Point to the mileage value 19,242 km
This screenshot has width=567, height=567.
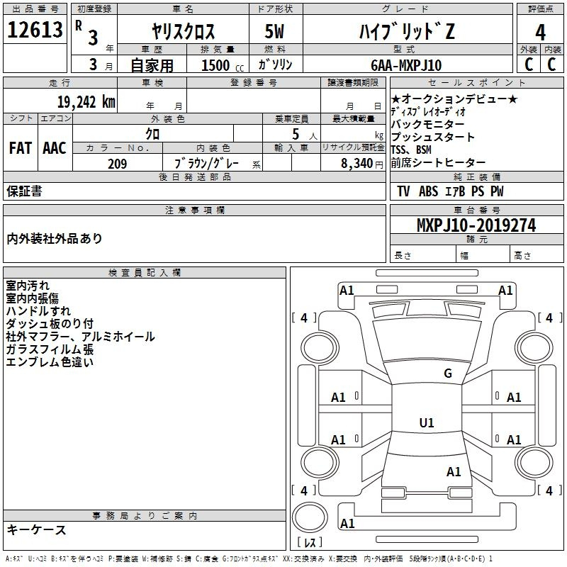[x=86, y=101]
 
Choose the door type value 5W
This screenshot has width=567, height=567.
[x=275, y=31]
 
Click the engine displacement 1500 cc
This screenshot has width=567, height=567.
[x=220, y=65]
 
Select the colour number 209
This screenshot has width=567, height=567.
[x=118, y=163]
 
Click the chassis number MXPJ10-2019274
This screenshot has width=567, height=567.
[x=476, y=225]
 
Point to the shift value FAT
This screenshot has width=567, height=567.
[x=21, y=148]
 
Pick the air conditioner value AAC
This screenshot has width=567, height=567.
[x=55, y=148]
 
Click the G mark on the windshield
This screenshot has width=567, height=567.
[x=447, y=374]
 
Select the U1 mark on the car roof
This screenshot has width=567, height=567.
[x=427, y=423]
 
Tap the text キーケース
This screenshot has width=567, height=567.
[x=36, y=529]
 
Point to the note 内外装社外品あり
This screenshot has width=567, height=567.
[x=55, y=238]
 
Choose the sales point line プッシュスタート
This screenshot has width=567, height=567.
[x=433, y=137]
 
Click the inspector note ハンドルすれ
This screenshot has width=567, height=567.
[x=38, y=310]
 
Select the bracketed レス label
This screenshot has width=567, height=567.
[x=310, y=544]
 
